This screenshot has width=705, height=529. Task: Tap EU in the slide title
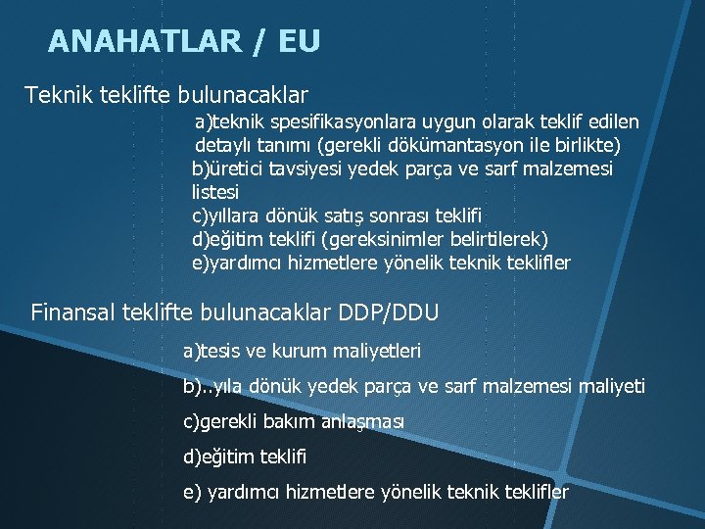299,41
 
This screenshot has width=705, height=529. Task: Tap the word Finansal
73,313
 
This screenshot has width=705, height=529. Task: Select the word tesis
219,350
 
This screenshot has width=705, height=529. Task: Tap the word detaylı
225,146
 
